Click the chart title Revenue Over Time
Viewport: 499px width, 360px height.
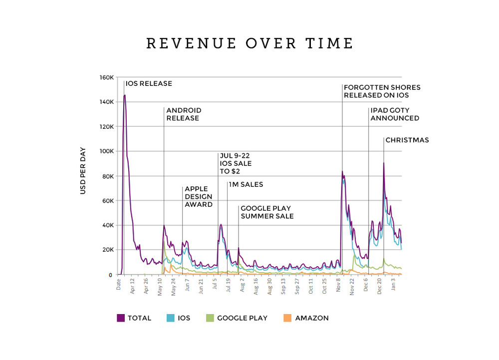[249, 43]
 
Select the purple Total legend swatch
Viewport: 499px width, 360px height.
[120, 318]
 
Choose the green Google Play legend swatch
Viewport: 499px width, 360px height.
[210, 318]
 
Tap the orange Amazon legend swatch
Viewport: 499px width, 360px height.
[287, 318]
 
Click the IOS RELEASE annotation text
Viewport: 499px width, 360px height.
[149, 84]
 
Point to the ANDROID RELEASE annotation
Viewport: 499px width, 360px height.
[184, 114]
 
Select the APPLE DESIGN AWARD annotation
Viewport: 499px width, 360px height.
[199, 197]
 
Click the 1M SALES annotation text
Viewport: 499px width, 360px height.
[246, 185]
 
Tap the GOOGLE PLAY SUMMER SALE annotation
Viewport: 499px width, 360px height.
[267, 212]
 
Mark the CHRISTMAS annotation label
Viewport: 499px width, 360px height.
[407, 140]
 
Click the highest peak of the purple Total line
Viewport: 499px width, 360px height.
[125, 95]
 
